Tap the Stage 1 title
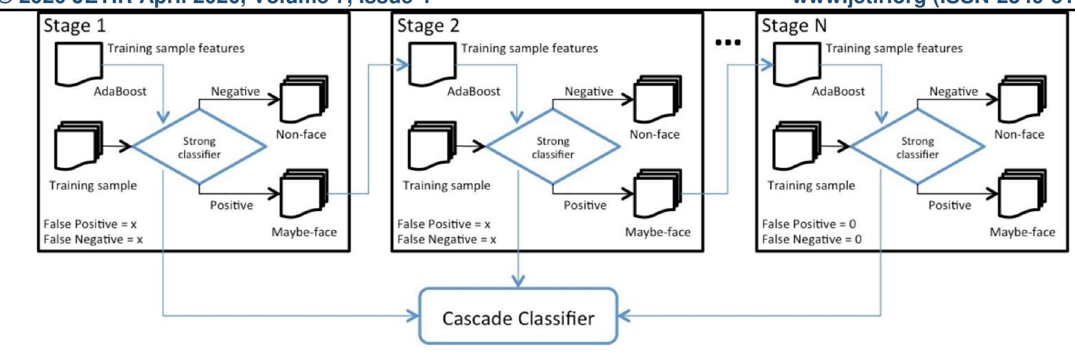74,26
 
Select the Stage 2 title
428,26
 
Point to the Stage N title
793,26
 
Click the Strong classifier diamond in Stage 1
199,147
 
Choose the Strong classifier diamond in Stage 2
553,147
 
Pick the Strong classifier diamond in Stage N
917,147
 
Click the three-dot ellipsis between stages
727,42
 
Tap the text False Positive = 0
808,224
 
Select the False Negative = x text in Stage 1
93,239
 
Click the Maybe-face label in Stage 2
657,232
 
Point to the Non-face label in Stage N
1019,134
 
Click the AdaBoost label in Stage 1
120,92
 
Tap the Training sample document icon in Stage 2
431,145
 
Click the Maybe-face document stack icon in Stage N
1022,194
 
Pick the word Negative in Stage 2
588,92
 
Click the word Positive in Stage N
949,205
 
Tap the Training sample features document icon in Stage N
796,64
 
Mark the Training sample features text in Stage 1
175,48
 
